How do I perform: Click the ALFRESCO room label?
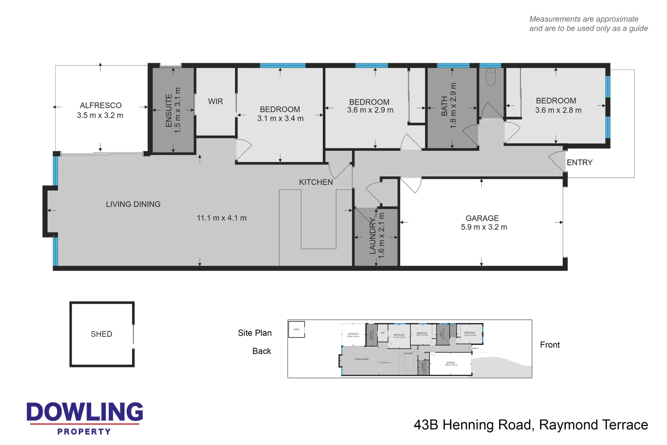pyautogui.click(x=100, y=105)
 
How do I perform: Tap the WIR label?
pyautogui.click(x=215, y=101)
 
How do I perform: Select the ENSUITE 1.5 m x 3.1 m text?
pyautogui.click(x=173, y=110)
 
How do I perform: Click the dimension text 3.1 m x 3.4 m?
pyautogui.click(x=280, y=119)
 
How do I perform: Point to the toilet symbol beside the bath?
pyautogui.click(x=490, y=77)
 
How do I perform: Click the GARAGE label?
pyautogui.click(x=482, y=218)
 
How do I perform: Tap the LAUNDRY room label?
pyautogui.click(x=373, y=236)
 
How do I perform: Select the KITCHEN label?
pyautogui.click(x=316, y=182)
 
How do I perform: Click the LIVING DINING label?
pyautogui.click(x=133, y=204)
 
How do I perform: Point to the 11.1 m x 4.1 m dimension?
pyautogui.click(x=222, y=218)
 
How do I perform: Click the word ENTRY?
pyautogui.click(x=579, y=163)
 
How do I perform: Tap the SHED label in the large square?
pyautogui.click(x=101, y=334)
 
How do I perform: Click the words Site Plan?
pyautogui.click(x=254, y=333)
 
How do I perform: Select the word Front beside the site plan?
pyautogui.click(x=550, y=345)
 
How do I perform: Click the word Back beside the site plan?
pyautogui.click(x=261, y=351)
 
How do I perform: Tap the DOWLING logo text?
pyautogui.click(x=85, y=412)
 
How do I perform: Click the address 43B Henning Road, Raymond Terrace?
pyautogui.click(x=531, y=425)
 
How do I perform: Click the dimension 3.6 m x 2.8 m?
pyautogui.click(x=558, y=110)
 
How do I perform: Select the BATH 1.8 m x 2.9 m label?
pyautogui.click(x=449, y=106)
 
